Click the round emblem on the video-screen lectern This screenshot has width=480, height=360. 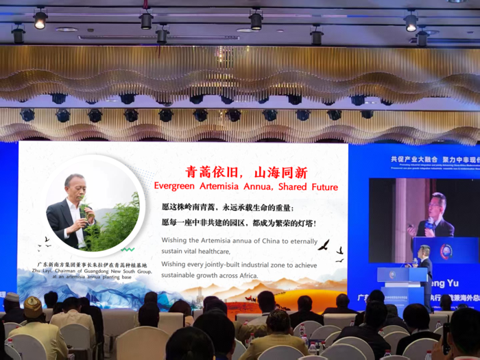[446, 251]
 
